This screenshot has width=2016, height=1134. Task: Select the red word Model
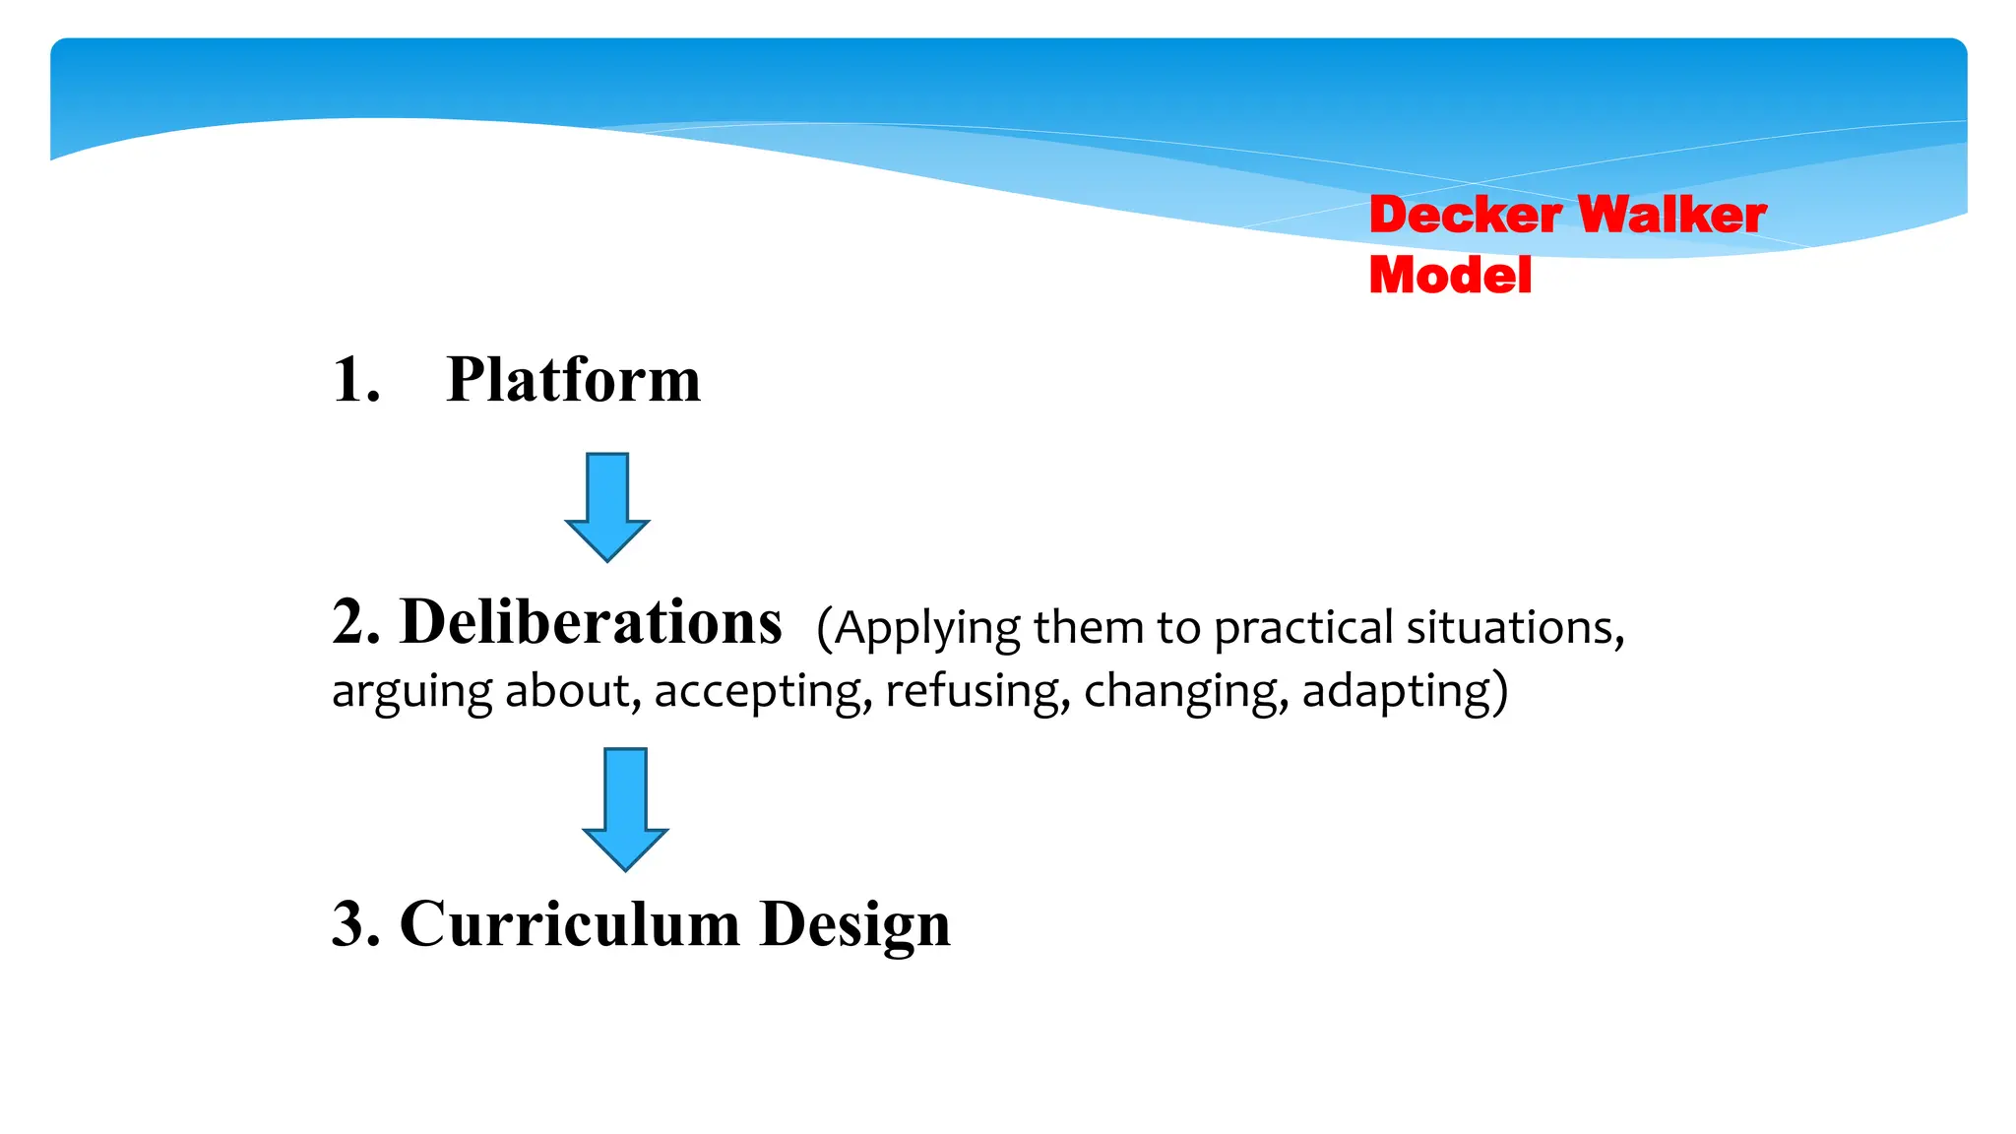pyautogui.click(x=1450, y=275)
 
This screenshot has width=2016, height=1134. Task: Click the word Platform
pyautogui.click(x=573, y=380)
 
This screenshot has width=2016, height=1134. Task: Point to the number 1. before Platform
pyautogui.click(x=356, y=380)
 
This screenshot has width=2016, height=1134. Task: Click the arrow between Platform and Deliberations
pyautogui.click(x=606, y=507)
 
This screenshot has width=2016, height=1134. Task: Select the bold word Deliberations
pyautogui.click(x=591, y=623)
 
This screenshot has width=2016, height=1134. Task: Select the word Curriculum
pyautogui.click(x=570, y=924)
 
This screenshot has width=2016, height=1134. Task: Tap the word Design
pyautogui.click(x=855, y=926)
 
